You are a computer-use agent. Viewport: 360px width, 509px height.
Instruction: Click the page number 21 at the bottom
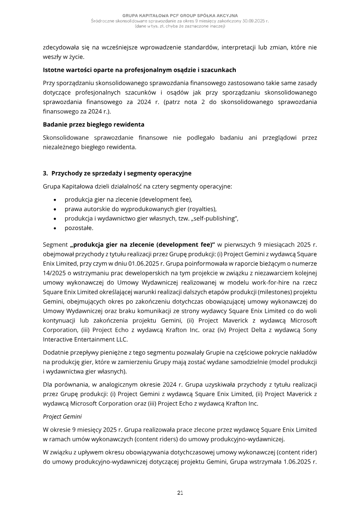(x=180, y=493)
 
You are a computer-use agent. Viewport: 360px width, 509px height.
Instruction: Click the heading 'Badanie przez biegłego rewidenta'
(x=93, y=124)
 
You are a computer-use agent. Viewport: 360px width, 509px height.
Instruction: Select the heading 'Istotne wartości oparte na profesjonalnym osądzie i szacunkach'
(x=139, y=70)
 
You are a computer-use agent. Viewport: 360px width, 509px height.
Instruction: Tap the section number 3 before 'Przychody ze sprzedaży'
(x=45, y=173)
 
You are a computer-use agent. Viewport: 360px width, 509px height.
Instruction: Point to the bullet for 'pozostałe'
(x=55, y=228)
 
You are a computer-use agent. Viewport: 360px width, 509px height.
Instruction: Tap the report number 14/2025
(x=53, y=273)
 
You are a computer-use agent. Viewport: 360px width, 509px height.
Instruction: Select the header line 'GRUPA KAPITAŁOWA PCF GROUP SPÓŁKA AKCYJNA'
(x=180, y=16)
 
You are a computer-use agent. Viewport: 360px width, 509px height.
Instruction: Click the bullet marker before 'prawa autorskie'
(x=55, y=209)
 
